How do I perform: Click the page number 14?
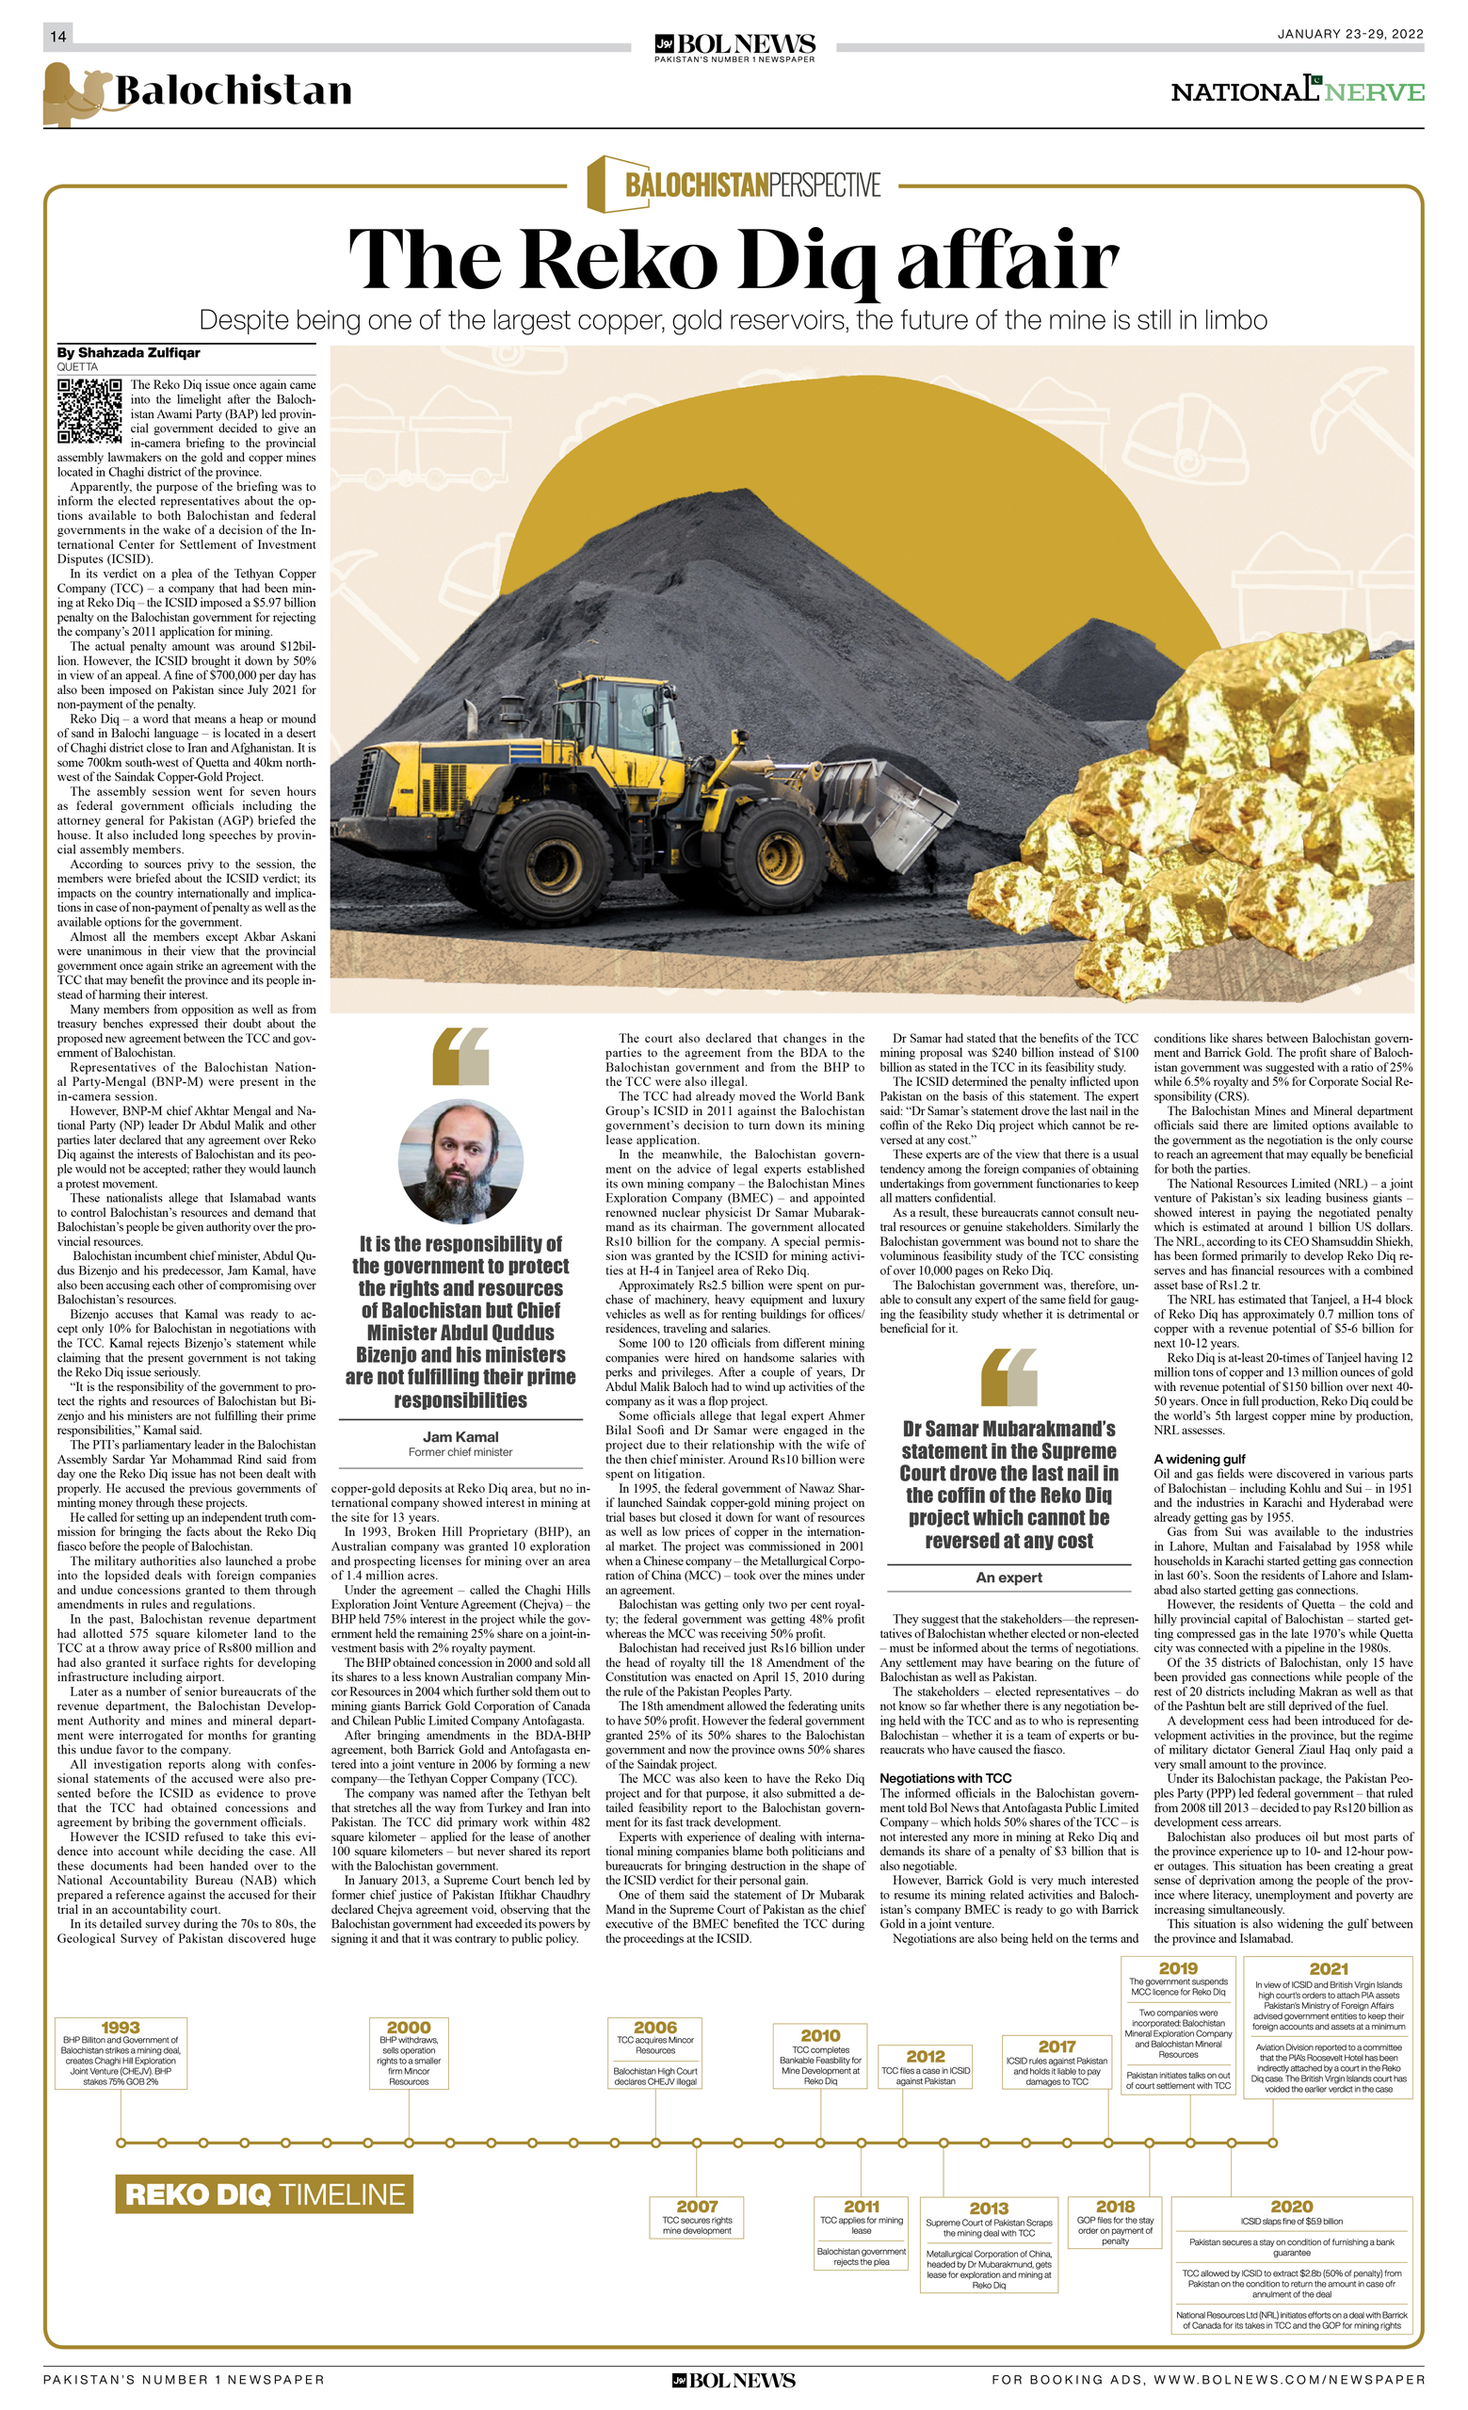pyautogui.click(x=57, y=36)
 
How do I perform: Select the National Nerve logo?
pyautogui.click(x=1297, y=91)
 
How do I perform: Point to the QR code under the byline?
pyautogui.click(x=89, y=411)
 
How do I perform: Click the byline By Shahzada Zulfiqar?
pyautogui.click(x=128, y=352)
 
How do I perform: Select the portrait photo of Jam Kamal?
pyautogui.click(x=460, y=1161)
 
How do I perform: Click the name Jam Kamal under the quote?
pyautogui.click(x=460, y=1437)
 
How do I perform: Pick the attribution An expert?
pyautogui.click(x=1008, y=1577)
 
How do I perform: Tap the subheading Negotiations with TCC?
pyautogui.click(x=944, y=1778)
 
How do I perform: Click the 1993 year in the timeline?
pyautogui.click(x=121, y=2028)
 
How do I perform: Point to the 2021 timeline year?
pyautogui.click(x=1328, y=1968)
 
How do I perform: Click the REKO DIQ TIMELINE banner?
pyautogui.click(x=264, y=2193)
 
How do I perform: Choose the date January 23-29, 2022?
pyautogui.click(x=1349, y=34)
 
